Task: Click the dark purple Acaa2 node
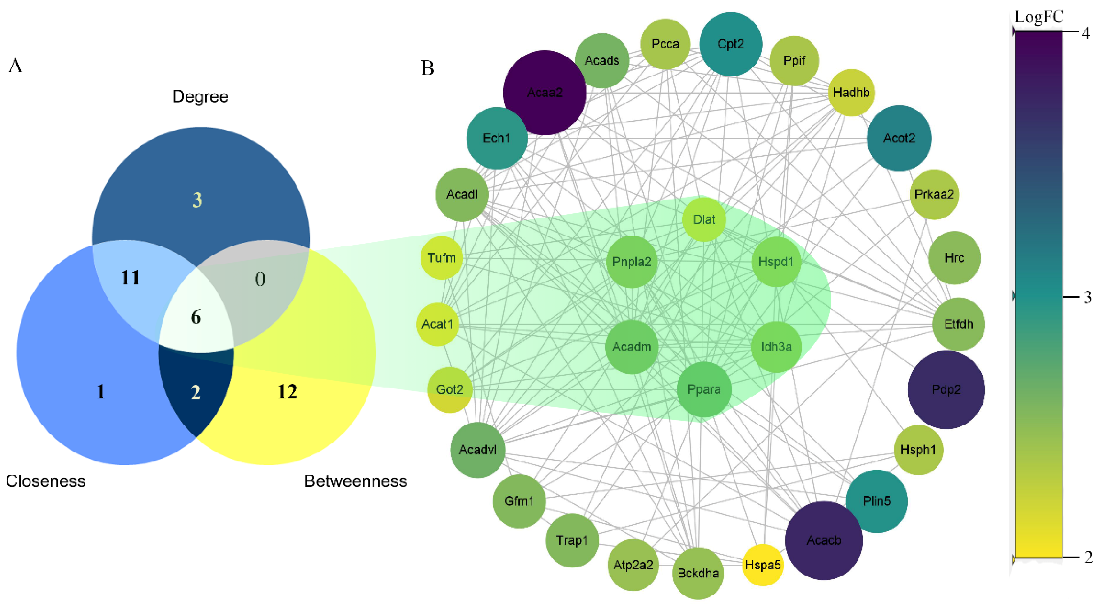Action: [x=545, y=93]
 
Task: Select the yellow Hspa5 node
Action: [x=763, y=565]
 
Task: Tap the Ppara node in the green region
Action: [x=704, y=389]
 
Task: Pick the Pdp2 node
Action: [x=946, y=389]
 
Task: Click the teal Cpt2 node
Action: [x=731, y=44]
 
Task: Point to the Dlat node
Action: [x=704, y=219]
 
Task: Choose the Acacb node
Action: [x=824, y=540]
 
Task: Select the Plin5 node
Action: [x=877, y=501]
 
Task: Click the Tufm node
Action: [x=442, y=258]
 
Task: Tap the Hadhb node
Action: [x=851, y=93]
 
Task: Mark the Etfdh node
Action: [x=959, y=324]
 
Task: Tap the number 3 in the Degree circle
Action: [x=197, y=200]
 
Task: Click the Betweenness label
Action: [x=355, y=481]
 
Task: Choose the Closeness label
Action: [x=46, y=481]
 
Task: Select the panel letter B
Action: [x=427, y=68]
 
